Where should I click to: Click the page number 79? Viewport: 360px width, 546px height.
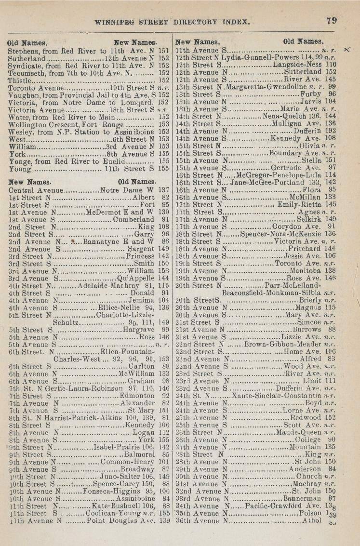(331, 20)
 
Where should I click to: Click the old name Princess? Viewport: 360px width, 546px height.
(140, 256)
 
